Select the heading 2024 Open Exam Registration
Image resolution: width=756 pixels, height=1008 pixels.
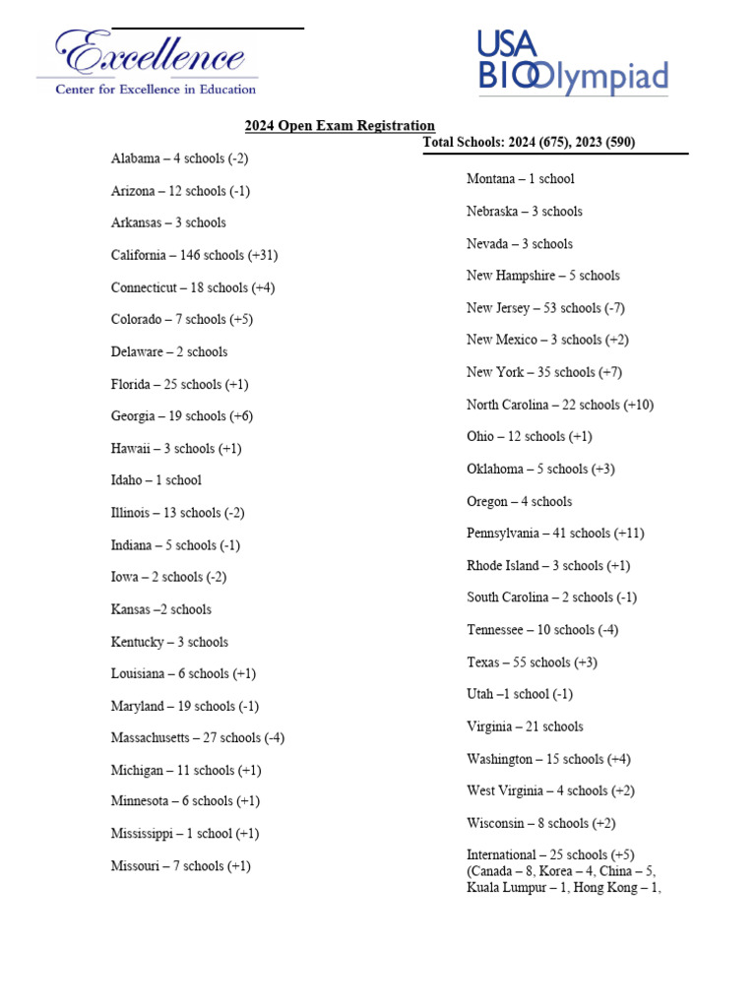click(340, 125)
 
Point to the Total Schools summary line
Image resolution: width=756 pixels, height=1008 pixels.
click(529, 143)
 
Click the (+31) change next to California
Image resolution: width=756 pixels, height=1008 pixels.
click(263, 255)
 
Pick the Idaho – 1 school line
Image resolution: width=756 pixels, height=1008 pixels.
click(156, 480)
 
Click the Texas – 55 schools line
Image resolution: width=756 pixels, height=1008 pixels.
click(520, 662)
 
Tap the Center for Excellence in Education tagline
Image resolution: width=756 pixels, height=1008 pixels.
click(156, 89)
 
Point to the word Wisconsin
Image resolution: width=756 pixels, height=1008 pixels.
click(495, 823)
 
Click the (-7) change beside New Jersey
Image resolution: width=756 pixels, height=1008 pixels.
click(614, 308)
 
